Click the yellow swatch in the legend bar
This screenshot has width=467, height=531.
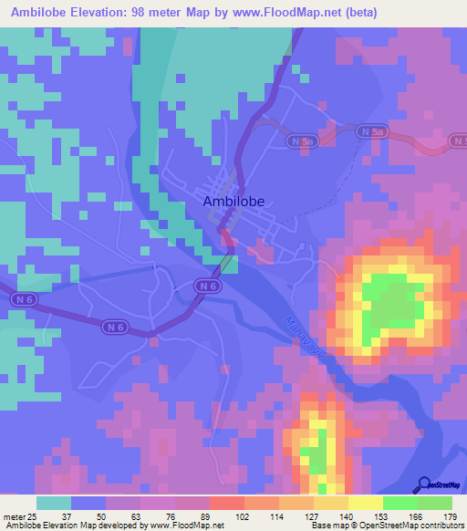click(365, 503)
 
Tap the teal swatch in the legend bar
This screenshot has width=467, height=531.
click(53, 503)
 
